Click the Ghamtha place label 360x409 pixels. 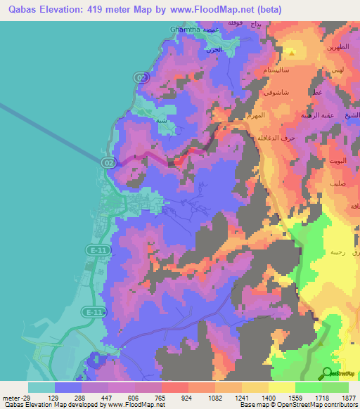tap(185, 30)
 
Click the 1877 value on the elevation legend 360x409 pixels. tap(347, 398)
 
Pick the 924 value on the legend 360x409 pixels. tap(167, 398)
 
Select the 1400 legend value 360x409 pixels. tap(269, 398)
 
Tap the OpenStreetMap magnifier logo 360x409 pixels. tap(328, 373)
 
